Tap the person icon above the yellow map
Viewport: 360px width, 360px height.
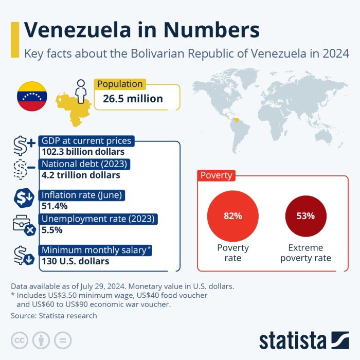tap(80, 91)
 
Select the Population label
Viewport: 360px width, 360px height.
tap(120, 84)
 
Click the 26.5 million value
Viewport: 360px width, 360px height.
tap(133, 99)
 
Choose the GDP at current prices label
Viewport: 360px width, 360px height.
tap(86, 141)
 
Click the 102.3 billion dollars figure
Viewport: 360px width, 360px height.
tap(83, 152)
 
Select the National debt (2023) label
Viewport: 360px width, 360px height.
tap(85, 165)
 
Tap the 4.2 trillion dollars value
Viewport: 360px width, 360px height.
tap(81, 175)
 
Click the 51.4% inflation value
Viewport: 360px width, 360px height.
tap(55, 206)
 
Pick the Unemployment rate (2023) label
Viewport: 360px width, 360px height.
tap(98, 219)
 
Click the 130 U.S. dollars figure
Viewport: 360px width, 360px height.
tap(75, 261)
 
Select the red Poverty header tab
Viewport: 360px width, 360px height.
tap(216, 175)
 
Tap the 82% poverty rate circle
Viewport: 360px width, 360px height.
tap(232, 216)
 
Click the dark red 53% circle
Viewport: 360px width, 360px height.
tap(305, 216)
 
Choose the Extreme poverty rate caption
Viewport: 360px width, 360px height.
tap(305, 253)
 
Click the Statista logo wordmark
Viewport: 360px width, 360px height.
tap(293, 340)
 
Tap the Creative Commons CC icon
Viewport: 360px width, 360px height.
tap(20, 340)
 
